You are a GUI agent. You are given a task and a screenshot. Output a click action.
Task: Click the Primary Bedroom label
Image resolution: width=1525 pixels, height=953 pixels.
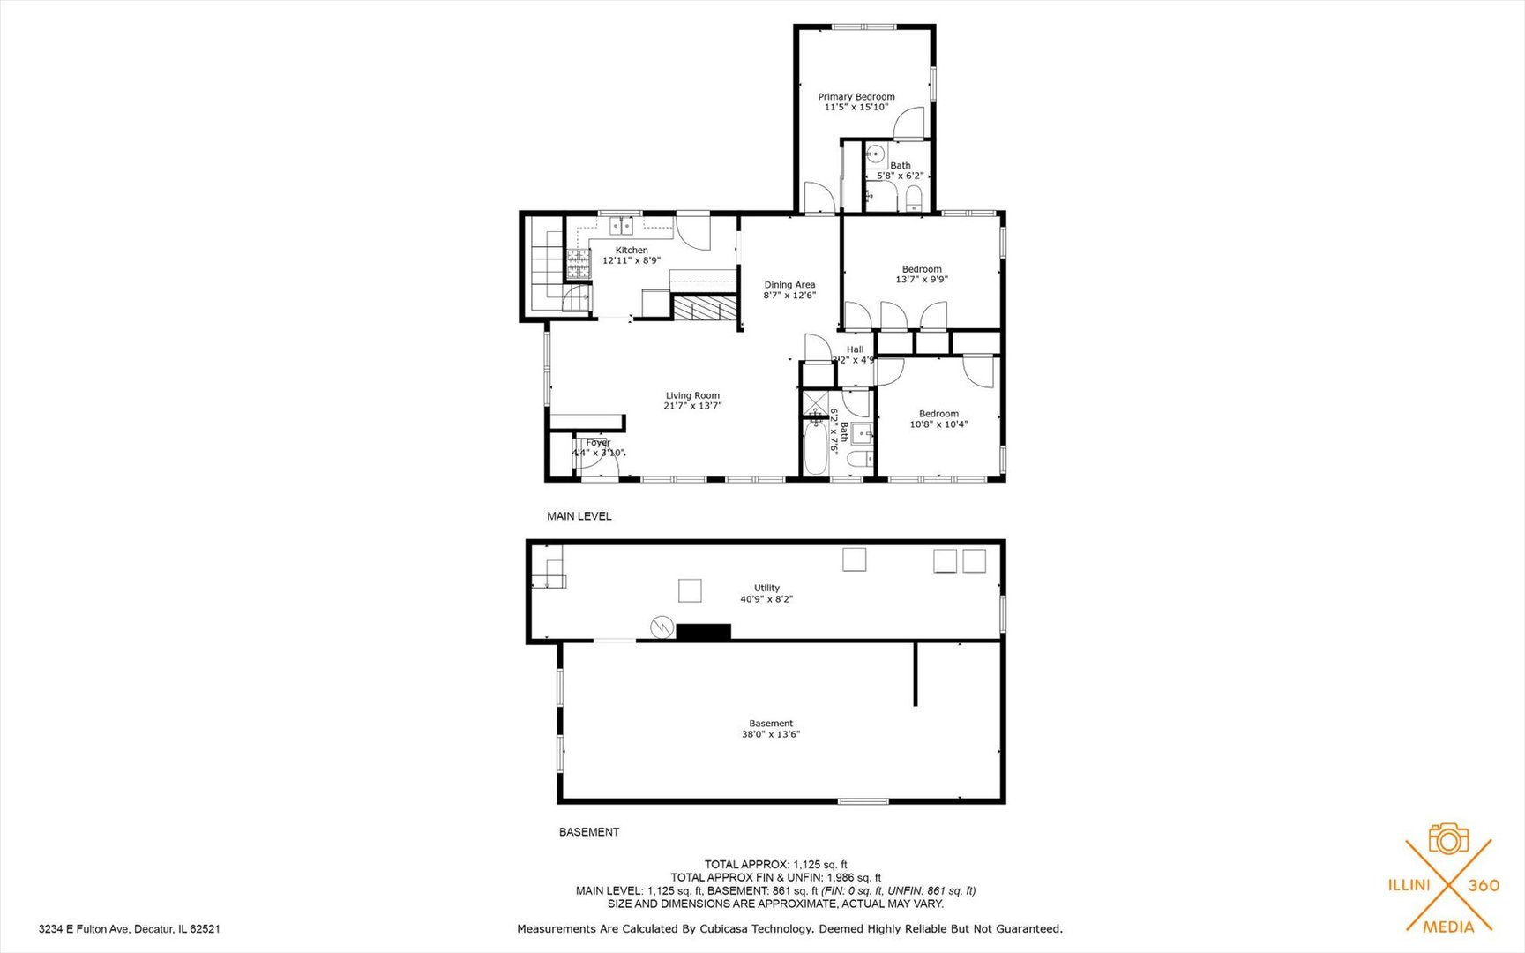pos(856,97)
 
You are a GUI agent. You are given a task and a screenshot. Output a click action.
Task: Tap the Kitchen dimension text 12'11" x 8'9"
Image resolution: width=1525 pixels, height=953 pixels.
pos(632,261)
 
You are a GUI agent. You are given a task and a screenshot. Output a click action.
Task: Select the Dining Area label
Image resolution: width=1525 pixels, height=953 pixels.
pos(789,285)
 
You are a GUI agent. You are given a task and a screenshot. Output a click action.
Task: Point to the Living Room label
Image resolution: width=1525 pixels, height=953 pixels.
pos(692,396)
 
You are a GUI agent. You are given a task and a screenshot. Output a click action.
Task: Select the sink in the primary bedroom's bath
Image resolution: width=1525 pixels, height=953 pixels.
pos(875,155)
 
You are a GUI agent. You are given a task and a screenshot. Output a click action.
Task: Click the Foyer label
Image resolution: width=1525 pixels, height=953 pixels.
pos(597,443)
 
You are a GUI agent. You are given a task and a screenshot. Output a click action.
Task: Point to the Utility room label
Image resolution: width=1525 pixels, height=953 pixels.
pos(766,589)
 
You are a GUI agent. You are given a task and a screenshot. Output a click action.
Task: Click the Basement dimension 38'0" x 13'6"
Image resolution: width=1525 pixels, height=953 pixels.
pos(771,734)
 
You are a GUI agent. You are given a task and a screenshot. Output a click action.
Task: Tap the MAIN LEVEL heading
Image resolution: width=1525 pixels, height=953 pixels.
pos(579,516)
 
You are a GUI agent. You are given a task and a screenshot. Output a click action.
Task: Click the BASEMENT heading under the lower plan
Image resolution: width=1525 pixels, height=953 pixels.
pos(589,832)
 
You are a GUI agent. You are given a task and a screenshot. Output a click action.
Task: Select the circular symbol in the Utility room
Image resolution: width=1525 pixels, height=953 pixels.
pos(662,627)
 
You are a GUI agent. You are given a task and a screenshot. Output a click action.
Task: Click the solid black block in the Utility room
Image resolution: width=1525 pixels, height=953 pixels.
pos(703,632)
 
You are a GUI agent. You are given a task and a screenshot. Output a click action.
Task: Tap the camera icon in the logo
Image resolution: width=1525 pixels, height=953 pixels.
pos(1448,839)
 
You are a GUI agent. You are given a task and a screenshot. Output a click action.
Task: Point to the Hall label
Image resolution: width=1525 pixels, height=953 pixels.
pos(855,349)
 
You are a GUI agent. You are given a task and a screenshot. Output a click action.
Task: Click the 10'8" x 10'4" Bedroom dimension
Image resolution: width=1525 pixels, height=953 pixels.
pos(938,424)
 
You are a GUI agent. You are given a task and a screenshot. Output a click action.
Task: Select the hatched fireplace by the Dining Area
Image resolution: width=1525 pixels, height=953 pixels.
pos(704,309)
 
